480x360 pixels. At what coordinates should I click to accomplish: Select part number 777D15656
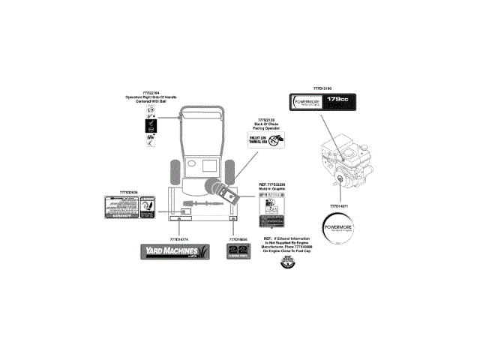[x=238, y=238]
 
